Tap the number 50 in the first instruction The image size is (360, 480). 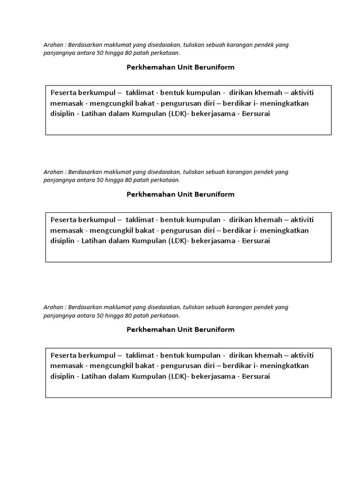(x=100, y=53)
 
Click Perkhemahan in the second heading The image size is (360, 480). (x=150, y=194)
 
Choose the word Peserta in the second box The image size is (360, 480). (x=63, y=220)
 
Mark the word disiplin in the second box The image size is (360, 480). (x=62, y=240)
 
